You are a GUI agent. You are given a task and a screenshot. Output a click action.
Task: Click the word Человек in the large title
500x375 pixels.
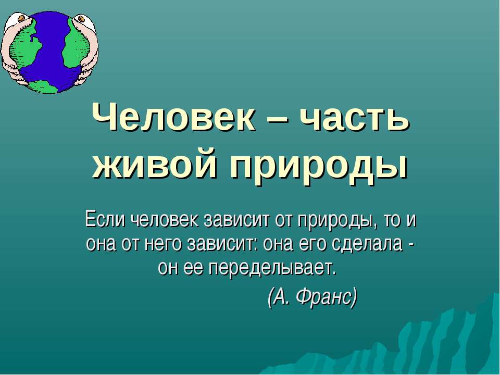click(x=173, y=117)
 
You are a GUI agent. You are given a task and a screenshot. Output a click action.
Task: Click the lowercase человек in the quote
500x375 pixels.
click(x=164, y=220)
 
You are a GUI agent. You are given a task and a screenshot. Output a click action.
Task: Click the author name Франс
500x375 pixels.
click(x=327, y=297)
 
